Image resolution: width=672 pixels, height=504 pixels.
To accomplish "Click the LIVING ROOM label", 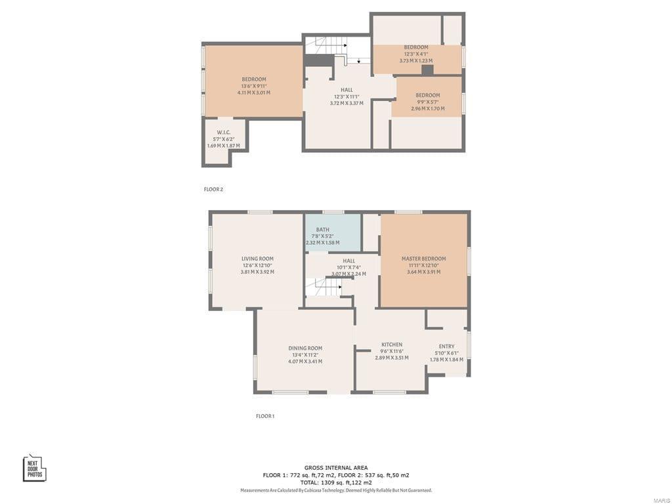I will coord(257,259).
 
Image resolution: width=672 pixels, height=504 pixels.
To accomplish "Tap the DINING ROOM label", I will coord(305,348).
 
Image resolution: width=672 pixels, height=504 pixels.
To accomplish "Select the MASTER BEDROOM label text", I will coord(423,259).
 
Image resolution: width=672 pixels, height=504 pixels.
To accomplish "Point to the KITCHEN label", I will coord(392,345).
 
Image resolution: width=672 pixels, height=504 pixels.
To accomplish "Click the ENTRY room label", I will coord(446,346).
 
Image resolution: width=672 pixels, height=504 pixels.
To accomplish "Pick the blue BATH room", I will coord(333,233).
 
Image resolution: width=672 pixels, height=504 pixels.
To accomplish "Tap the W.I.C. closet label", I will coord(223,133).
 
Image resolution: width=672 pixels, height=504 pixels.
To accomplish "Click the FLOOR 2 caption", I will coord(213,189).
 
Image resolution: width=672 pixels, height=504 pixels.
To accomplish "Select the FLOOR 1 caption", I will coord(265,416).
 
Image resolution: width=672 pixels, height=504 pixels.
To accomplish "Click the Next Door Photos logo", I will coord(35,468).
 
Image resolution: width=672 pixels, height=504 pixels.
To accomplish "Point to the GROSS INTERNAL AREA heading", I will coord(336,468).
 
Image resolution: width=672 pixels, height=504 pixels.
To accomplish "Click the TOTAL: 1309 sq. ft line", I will coord(336,482).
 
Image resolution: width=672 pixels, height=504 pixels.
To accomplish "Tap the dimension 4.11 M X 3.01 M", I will coord(253,93).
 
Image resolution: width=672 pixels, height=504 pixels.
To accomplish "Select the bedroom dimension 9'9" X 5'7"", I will coord(428,102).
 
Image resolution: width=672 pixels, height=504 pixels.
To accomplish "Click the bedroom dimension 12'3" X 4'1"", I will coord(416,54).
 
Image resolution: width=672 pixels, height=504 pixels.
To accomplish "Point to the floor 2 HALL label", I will coord(346,90).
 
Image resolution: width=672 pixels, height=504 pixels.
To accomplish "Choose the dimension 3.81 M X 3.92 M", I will coord(257,272).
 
